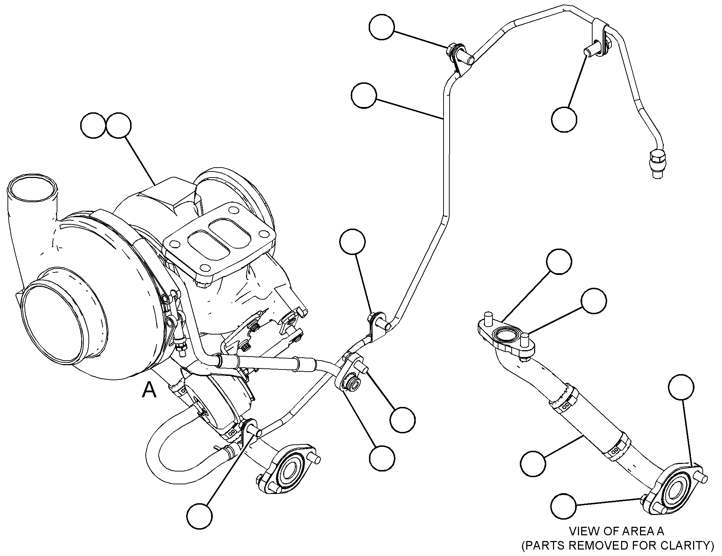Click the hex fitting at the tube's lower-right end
tap(657, 163)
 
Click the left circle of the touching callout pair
tap(94, 126)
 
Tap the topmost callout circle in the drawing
tap(382, 27)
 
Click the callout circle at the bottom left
tap(199, 515)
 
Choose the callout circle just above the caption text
tap(563, 506)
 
